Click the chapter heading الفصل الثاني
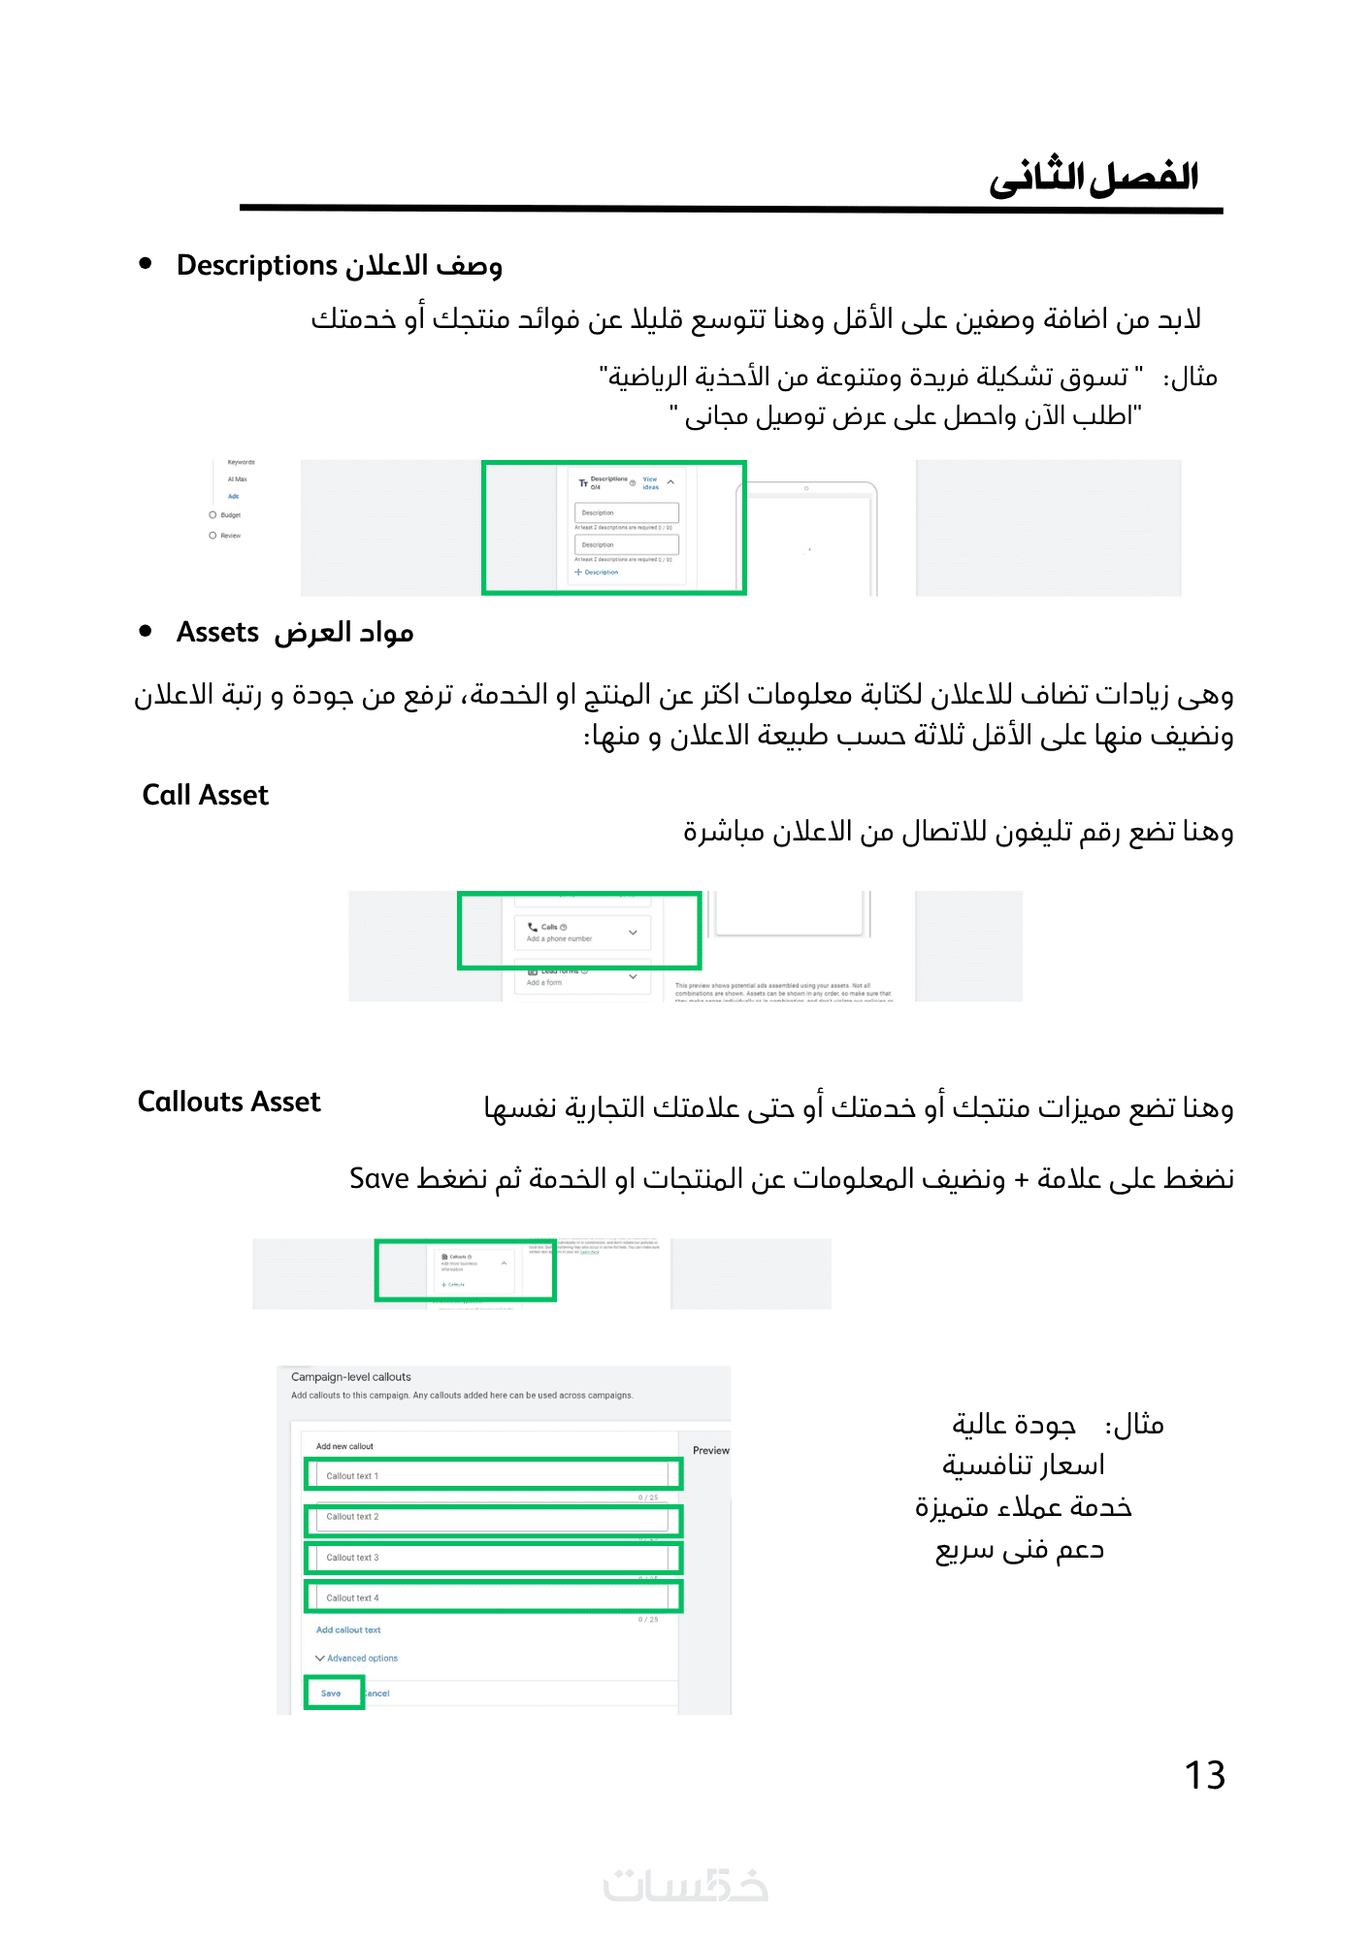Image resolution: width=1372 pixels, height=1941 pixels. coord(1094,178)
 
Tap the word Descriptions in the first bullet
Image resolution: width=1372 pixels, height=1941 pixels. coord(256,265)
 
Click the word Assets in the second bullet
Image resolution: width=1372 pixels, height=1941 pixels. coord(217,632)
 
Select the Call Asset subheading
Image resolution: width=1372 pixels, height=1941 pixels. coord(205,795)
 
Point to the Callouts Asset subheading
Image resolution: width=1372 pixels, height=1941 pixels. coord(229,1102)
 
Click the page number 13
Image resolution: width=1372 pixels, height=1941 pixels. coord(1204,1775)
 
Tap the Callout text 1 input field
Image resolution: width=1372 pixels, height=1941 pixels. coord(493,1475)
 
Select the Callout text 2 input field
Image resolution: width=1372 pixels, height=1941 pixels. coord(493,1517)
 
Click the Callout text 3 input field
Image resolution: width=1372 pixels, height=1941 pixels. coord(493,1558)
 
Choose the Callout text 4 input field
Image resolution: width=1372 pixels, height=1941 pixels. coord(493,1597)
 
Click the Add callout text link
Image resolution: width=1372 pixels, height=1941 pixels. coord(348,1630)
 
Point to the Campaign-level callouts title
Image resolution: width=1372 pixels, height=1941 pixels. coord(351,1377)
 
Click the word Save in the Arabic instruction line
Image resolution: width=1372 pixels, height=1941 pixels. coord(379,1178)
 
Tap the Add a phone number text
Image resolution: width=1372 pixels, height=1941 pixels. coord(559,938)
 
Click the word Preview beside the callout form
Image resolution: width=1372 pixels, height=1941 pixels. coord(710,1451)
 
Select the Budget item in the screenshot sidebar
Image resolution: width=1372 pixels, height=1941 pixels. coord(230,515)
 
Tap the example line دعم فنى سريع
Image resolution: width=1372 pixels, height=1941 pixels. coord(1019,1549)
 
